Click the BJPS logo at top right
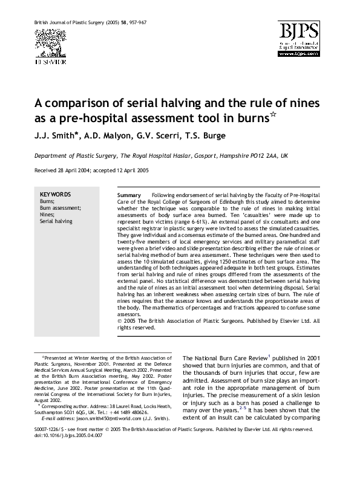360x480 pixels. (300, 39)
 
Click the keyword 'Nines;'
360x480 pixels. (47, 215)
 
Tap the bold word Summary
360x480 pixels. (129, 196)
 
